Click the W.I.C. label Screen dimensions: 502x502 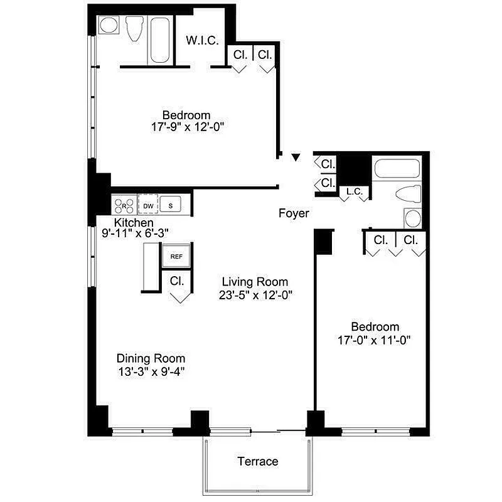(202, 41)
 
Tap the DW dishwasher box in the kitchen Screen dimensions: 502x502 (148, 205)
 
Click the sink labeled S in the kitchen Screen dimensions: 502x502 (170, 205)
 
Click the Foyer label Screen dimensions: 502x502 (294, 214)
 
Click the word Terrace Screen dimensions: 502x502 (257, 462)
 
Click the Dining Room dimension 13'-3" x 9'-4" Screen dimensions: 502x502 (151, 371)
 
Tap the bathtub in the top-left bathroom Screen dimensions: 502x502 (161, 38)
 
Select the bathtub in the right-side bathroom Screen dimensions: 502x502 (397, 169)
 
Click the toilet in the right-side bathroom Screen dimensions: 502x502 (407, 195)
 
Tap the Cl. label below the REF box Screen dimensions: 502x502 (176, 281)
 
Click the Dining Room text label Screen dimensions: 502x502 (151, 358)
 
